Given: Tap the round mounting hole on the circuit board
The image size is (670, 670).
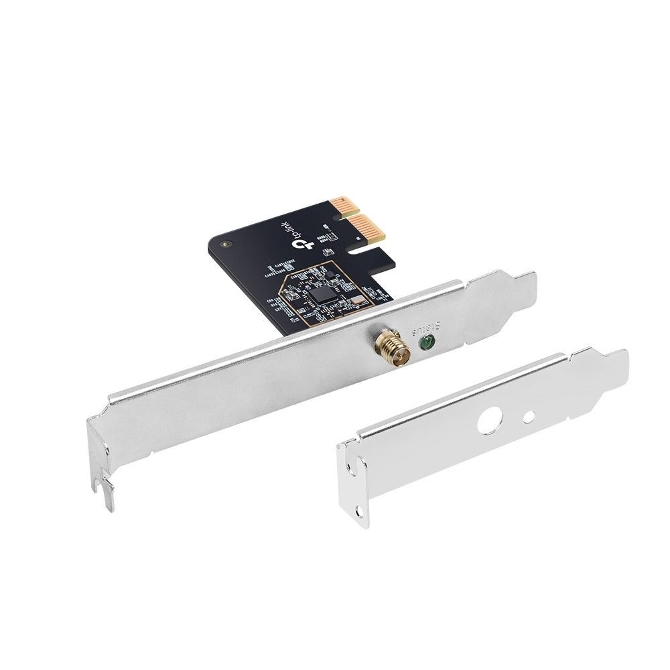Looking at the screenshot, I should [x=226, y=245].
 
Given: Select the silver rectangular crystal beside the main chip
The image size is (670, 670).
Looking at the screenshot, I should [x=359, y=301].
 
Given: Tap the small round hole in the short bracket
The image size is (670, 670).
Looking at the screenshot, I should [x=529, y=417].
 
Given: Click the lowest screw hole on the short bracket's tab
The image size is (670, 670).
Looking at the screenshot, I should [x=360, y=511].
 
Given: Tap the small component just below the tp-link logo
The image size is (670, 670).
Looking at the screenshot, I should [x=328, y=252].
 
